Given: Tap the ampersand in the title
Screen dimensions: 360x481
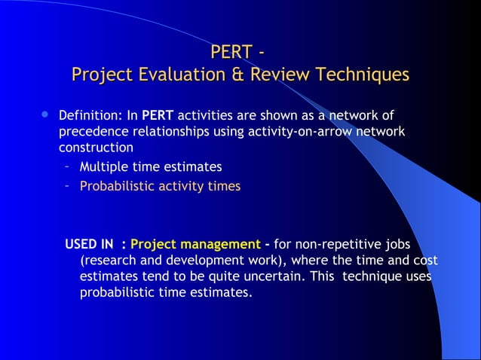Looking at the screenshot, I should [x=225, y=75].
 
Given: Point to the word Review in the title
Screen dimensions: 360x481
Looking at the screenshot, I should [x=271, y=75].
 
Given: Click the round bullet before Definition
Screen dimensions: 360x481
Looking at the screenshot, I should [x=44, y=115].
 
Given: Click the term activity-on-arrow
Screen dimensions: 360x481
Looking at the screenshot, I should [x=299, y=132].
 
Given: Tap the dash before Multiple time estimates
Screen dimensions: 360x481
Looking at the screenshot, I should [x=67, y=167].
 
